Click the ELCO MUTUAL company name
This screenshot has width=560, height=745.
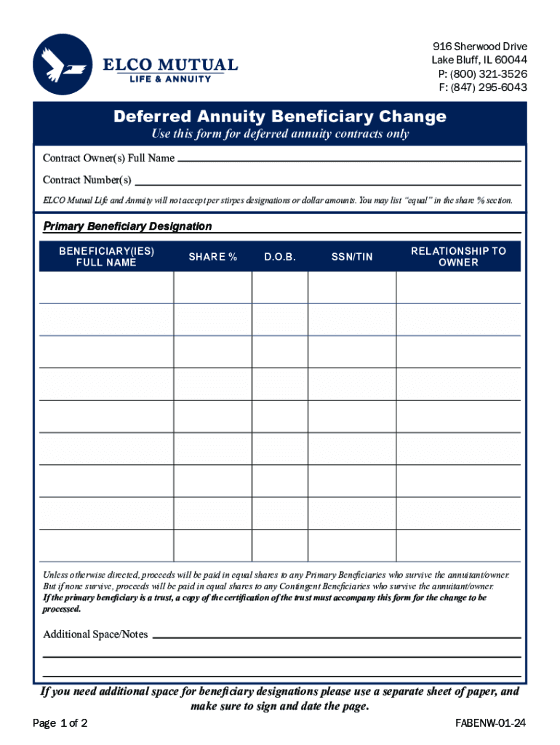click(x=169, y=65)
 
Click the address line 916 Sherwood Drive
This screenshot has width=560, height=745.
click(x=479, y=47)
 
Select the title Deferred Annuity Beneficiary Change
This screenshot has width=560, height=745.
click(x=280, y=116)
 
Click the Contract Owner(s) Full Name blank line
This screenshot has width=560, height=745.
click(x=349, y=159)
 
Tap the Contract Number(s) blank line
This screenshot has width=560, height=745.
click(x=327, y=180)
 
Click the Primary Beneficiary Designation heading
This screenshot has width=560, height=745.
click(x=127, y=226)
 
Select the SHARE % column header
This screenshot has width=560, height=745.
click(x=212, y=257)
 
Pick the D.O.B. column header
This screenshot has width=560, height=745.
click(x=280, y=257)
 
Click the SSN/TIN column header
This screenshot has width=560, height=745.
click(x=352, y=257)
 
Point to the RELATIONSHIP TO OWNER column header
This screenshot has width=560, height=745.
click(x=458, y=256)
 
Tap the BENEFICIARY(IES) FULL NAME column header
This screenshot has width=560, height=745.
click(x=106, y=256)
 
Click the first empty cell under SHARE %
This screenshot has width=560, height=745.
click(x=212, y=287)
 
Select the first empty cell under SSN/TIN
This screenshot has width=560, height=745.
click(x=352, y=287)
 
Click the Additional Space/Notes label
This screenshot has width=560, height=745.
click(x=95, y=634)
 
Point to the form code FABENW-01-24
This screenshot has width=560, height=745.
click(x=489, y=724)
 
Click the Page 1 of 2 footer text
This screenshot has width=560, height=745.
click(x=60, y=724)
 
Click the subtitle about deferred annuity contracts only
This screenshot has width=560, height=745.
click(x=280, y=134)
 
